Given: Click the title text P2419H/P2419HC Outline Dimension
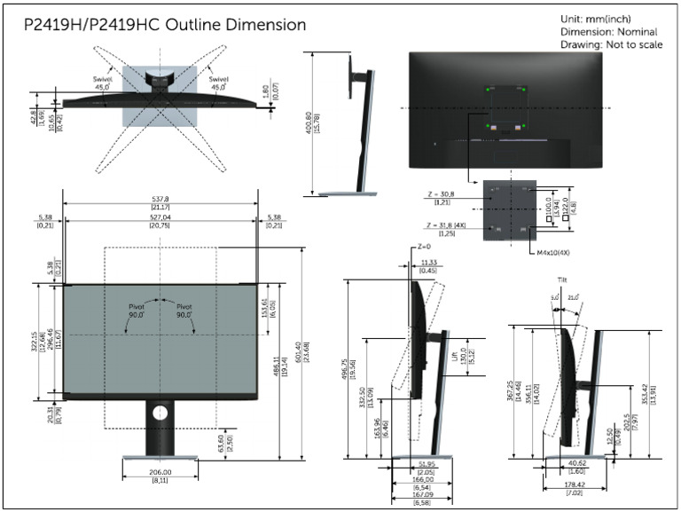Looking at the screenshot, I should pos(165,26).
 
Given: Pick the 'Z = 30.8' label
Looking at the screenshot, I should pos(440,193).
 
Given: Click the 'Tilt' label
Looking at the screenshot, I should pos(562,279).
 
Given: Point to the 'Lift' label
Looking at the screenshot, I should pos(455,354).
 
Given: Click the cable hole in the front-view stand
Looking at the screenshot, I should pos(160,413).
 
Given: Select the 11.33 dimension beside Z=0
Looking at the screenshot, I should pos(429,263).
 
